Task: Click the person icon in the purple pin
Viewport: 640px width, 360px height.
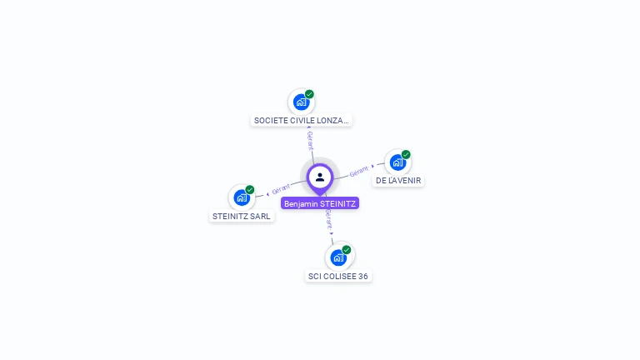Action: click(320, 177)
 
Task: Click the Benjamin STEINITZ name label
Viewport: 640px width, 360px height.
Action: click(320, 203)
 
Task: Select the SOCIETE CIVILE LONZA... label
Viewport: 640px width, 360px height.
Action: click(301, 120)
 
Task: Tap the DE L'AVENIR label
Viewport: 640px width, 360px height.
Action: click(398, 180)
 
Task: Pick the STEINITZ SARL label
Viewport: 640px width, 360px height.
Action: click(242, 216)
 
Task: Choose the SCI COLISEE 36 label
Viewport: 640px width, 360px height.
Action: click(337, 276)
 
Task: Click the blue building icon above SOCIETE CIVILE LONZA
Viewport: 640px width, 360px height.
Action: click(301, 102)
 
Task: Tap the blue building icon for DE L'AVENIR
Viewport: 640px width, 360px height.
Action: click(397, 162)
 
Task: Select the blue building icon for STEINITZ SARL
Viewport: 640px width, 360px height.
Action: click(241, 197)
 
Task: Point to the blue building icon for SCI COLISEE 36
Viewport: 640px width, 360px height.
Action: click(337, 257)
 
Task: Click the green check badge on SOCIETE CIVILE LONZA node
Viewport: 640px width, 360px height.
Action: click(309, 94)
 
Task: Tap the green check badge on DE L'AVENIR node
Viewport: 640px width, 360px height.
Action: click(406, 154)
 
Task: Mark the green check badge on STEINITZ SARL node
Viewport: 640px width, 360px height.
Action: click(249, 190)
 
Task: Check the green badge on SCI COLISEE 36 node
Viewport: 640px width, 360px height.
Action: click(346, 250)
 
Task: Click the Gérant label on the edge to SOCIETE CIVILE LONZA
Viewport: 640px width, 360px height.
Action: click(310, 140)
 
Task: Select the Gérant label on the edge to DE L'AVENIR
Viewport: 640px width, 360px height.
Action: click(359, 171)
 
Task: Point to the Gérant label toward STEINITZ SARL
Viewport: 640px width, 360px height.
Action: click(281, 188)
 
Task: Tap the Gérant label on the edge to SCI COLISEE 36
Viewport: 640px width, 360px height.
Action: click(329, 218)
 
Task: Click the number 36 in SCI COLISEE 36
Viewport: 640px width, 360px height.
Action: click(362, 276)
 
